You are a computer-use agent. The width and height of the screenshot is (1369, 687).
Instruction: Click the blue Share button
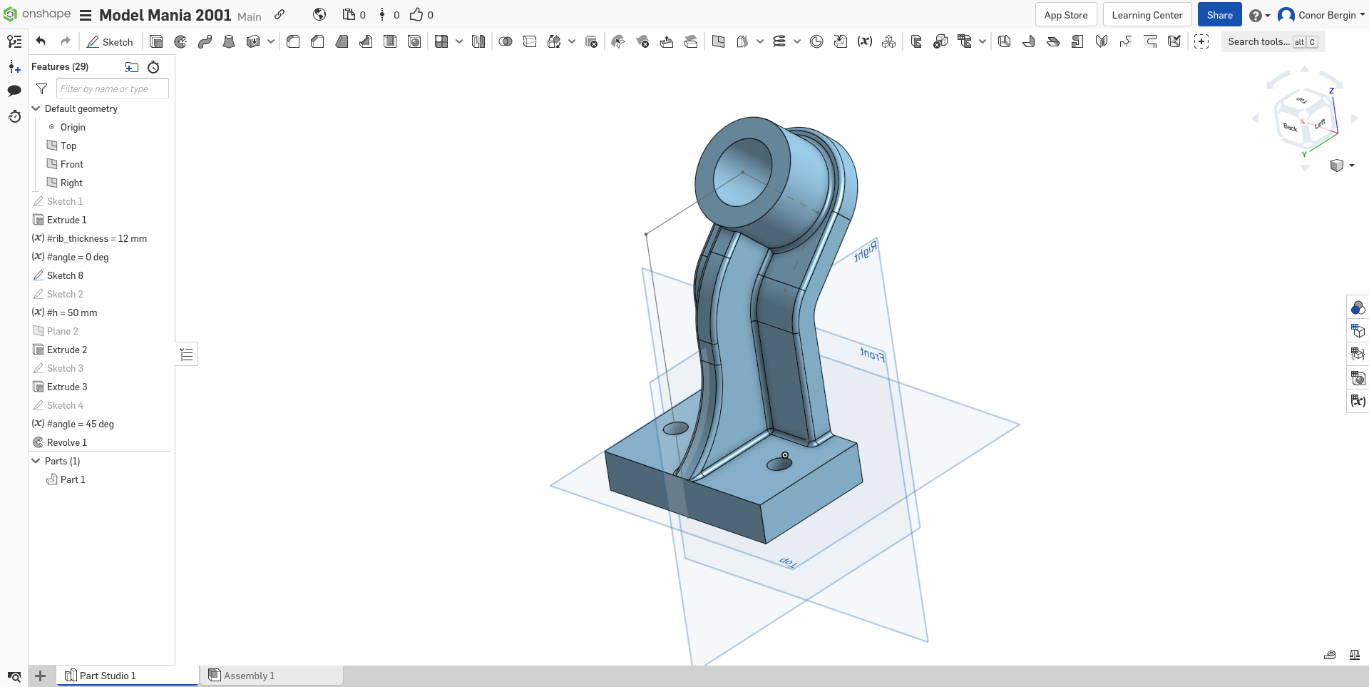click(1219, 15)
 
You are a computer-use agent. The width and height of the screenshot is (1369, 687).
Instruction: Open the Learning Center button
click(1147, 15)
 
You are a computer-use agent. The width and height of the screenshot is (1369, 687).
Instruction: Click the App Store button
click(1065, 15)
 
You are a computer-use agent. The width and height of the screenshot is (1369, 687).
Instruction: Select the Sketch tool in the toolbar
click(110, 42)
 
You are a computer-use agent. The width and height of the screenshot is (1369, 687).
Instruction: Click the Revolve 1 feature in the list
click(66, 442)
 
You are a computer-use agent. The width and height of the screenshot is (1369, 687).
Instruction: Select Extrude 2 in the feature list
click(66, 350)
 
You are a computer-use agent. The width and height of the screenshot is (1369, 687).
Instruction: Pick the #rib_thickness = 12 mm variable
click(96, 238)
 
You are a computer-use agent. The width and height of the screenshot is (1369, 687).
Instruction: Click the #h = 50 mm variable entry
click(71, 312)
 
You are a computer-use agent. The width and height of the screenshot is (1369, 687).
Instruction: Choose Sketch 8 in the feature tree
click(65, 275)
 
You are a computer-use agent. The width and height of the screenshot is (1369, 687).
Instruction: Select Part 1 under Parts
click(72, 479)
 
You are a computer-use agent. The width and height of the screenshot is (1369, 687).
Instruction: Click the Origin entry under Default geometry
click(72, 127)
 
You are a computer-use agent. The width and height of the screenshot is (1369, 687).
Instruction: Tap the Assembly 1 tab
click(248, 676)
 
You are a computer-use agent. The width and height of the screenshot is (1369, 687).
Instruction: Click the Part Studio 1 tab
click(107, 676)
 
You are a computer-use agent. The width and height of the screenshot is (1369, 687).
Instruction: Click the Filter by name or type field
click(112, 88)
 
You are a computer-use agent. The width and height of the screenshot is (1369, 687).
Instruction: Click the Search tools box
click(1258, 42)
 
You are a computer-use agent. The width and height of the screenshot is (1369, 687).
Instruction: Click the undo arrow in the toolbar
click(41, 41)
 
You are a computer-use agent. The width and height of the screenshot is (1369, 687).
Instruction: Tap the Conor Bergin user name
click(1326, 15)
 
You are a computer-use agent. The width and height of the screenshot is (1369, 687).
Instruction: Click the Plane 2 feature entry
click(62, 331)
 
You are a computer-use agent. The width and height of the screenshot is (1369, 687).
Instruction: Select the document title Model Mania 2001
click(165, 15)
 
